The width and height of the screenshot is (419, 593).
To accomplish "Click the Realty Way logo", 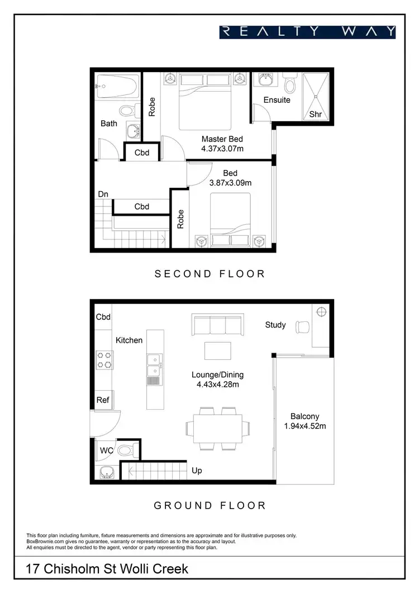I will click(307, 31).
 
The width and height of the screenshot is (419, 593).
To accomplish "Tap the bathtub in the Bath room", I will click(116, 87).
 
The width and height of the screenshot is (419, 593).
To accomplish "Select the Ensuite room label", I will click(277, 100).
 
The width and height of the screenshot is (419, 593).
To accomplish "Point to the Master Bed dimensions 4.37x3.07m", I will click(222, 149).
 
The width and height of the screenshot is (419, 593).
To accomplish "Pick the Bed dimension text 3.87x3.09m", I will click(230, 183).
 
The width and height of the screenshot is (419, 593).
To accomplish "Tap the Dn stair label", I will click(103, 194).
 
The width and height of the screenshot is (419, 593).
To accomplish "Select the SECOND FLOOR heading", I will click(209, 274).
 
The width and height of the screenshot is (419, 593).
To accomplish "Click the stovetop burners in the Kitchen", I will click(105, 359).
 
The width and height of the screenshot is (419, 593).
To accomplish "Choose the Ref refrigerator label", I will click(103, 400).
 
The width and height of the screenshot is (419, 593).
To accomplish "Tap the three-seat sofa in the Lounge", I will click(217, 325).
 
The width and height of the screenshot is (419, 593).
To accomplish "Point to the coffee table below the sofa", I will click(217, 350).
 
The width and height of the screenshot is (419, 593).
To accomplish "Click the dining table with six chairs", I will click(215, 428).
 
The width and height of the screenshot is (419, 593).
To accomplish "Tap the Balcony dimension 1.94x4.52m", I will click(304, 426).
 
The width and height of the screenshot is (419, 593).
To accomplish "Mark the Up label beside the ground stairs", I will click(197, 471).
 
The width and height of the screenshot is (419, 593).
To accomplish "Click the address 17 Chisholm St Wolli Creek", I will click(107, 570).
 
